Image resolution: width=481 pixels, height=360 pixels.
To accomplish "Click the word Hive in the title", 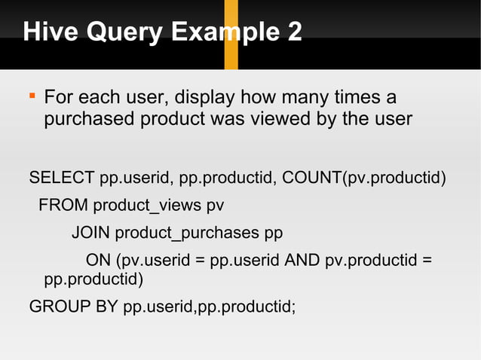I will click(x=44, y=32).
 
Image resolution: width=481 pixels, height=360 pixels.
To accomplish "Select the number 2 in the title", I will click(x=293, y=32).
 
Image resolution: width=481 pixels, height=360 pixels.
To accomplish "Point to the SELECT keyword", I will click(x=62, y=178).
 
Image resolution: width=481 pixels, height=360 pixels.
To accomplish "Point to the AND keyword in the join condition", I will click(x=302, y=260).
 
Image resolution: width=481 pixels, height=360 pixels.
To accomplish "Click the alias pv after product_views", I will click(x=215, y=205).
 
